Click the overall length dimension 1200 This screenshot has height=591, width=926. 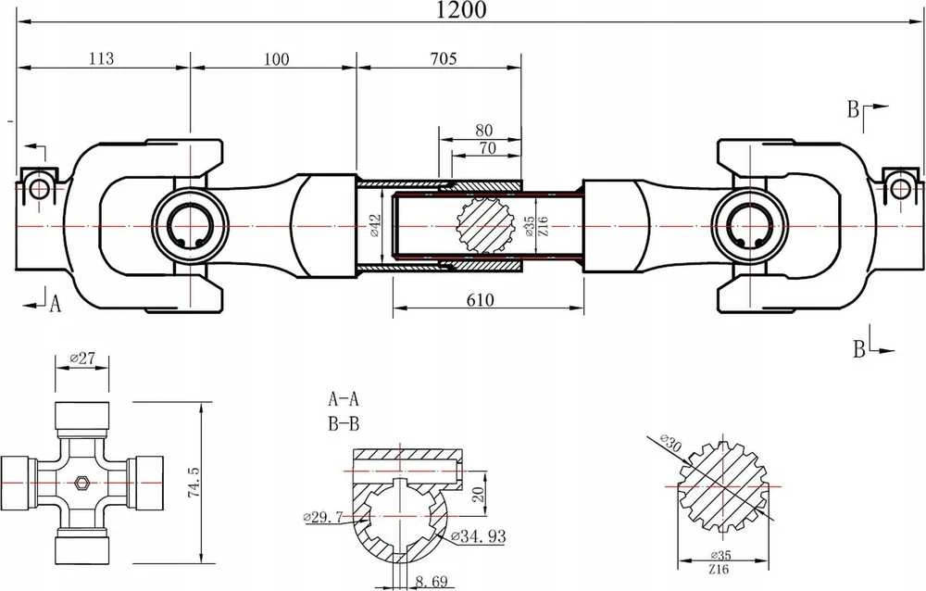click(x=461, y=10)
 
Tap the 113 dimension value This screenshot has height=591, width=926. click(x=101, y=58)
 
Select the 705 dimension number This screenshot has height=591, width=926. click(x=444, y=58)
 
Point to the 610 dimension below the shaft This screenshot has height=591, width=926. click(x=480, y=300)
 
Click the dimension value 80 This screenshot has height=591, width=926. click(x=483, y=130)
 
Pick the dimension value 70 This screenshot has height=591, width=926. click(x=487, y=148)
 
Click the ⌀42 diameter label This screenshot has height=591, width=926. click(x=376, y=226)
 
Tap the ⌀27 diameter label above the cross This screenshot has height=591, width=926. click(x=82, y=358)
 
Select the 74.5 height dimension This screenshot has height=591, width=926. click(x=194, y=482)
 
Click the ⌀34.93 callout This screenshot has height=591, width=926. click(x=478, y=536)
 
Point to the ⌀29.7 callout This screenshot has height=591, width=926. click(x=323, y=518)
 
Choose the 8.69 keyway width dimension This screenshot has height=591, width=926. click(x=432, y=582)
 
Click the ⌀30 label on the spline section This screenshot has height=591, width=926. click(x=671, y=444)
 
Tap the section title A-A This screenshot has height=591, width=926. click(x=344, y=400)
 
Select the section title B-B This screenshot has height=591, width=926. click(x=344, y=423)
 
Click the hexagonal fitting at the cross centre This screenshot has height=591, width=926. click(x=81, y=483)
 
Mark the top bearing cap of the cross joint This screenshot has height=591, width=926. click(x=82, y=415)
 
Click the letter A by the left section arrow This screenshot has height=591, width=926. click(x=55, y=304)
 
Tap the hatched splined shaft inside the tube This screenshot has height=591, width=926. click(x=485, y=226)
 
